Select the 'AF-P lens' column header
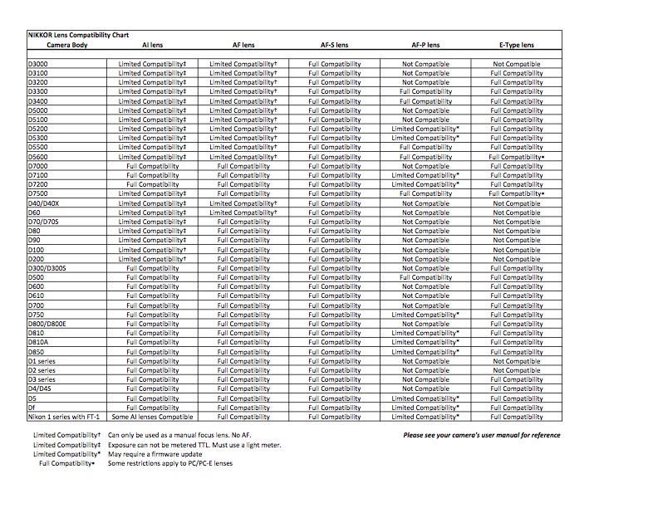(425, 46)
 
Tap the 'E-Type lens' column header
(517, 46)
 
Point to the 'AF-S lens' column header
(334, 46)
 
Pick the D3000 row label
(38, 64)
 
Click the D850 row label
(37, 352)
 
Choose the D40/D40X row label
(44, 203)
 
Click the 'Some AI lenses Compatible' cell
(152, 417)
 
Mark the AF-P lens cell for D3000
(425, 64)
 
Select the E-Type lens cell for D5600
(517, 157)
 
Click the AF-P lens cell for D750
(425, 315)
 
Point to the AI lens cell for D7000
(152, 166)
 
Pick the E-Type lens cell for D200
(517, 259)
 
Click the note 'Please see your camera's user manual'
(481, 435)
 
